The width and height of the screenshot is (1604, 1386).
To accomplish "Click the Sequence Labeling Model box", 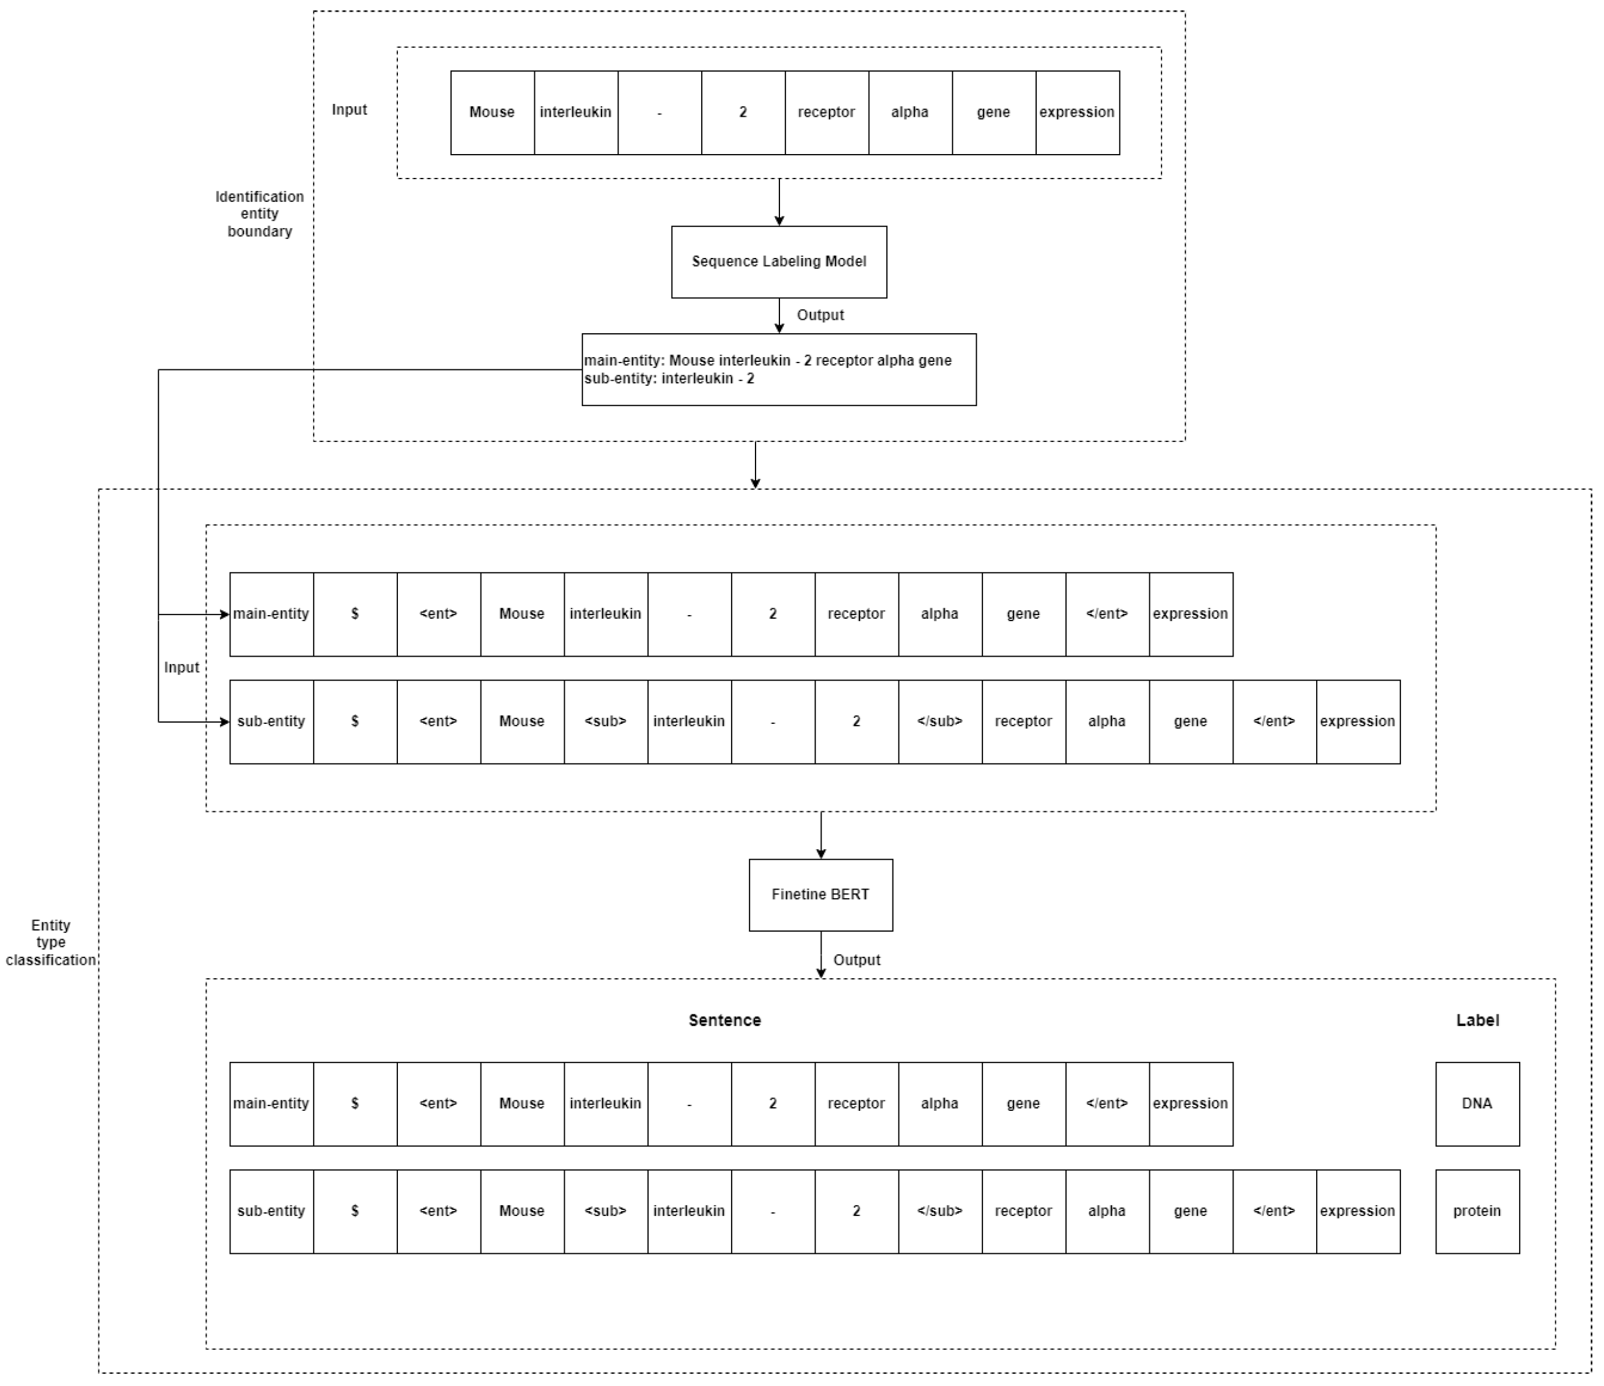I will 779,262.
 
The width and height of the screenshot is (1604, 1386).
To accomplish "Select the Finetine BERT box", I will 820,894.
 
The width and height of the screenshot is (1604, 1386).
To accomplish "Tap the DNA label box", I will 1477,1104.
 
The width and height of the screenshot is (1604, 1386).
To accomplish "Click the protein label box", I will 1477,1211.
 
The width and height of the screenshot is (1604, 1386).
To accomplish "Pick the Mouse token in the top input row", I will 492,112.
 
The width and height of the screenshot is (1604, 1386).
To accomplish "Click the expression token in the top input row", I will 1077,112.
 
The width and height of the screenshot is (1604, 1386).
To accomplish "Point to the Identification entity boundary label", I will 259,214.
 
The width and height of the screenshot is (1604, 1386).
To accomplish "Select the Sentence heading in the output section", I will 724,1020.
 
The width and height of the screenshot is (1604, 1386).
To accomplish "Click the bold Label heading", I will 1477,1020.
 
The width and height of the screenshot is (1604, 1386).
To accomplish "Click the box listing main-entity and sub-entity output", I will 779,369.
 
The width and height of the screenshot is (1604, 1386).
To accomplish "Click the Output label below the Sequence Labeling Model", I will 820,315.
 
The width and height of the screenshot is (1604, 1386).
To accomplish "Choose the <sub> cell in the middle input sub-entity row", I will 605,721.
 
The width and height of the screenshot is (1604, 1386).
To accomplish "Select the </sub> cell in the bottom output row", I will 940,1211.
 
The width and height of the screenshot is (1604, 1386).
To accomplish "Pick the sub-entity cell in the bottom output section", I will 271,1211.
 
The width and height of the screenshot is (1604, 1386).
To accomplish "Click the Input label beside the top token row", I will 349,110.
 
